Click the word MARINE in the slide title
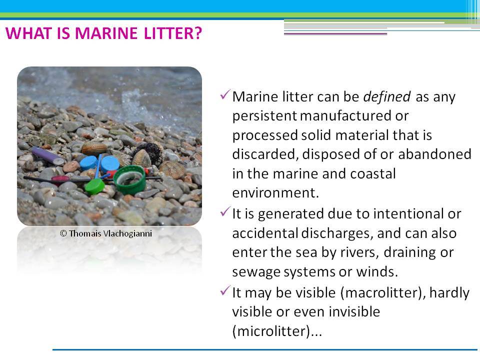click(x=106, y=33)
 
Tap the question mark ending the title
click(x=198, y=33)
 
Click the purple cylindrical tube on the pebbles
click(x=47, y=155)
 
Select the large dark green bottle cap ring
click(x=130, y=180)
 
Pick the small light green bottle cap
click(x=94, y=186)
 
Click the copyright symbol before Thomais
click(x=63, y=233)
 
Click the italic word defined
click(x=386, y=96)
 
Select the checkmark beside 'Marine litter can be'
click(x=225, y=94)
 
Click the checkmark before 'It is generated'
click(x=225, y=211)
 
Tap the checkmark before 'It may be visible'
click(x=225, y=290)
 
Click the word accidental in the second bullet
click(x=265, y=233)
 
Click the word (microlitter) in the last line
click(x=271, y=331)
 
